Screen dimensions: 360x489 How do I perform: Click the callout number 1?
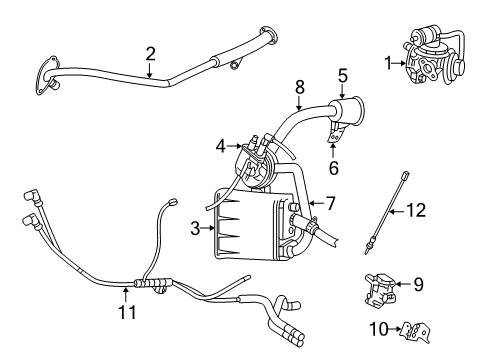[x=389, y=63]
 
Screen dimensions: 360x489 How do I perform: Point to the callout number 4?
[x=220, y=146]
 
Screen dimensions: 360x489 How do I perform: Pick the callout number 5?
[x=342, y=75]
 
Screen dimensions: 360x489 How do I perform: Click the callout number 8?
[x=298, y=88]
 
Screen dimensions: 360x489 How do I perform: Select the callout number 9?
[x=418, y=284]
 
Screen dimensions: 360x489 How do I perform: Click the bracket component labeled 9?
[x=380, y=289]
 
